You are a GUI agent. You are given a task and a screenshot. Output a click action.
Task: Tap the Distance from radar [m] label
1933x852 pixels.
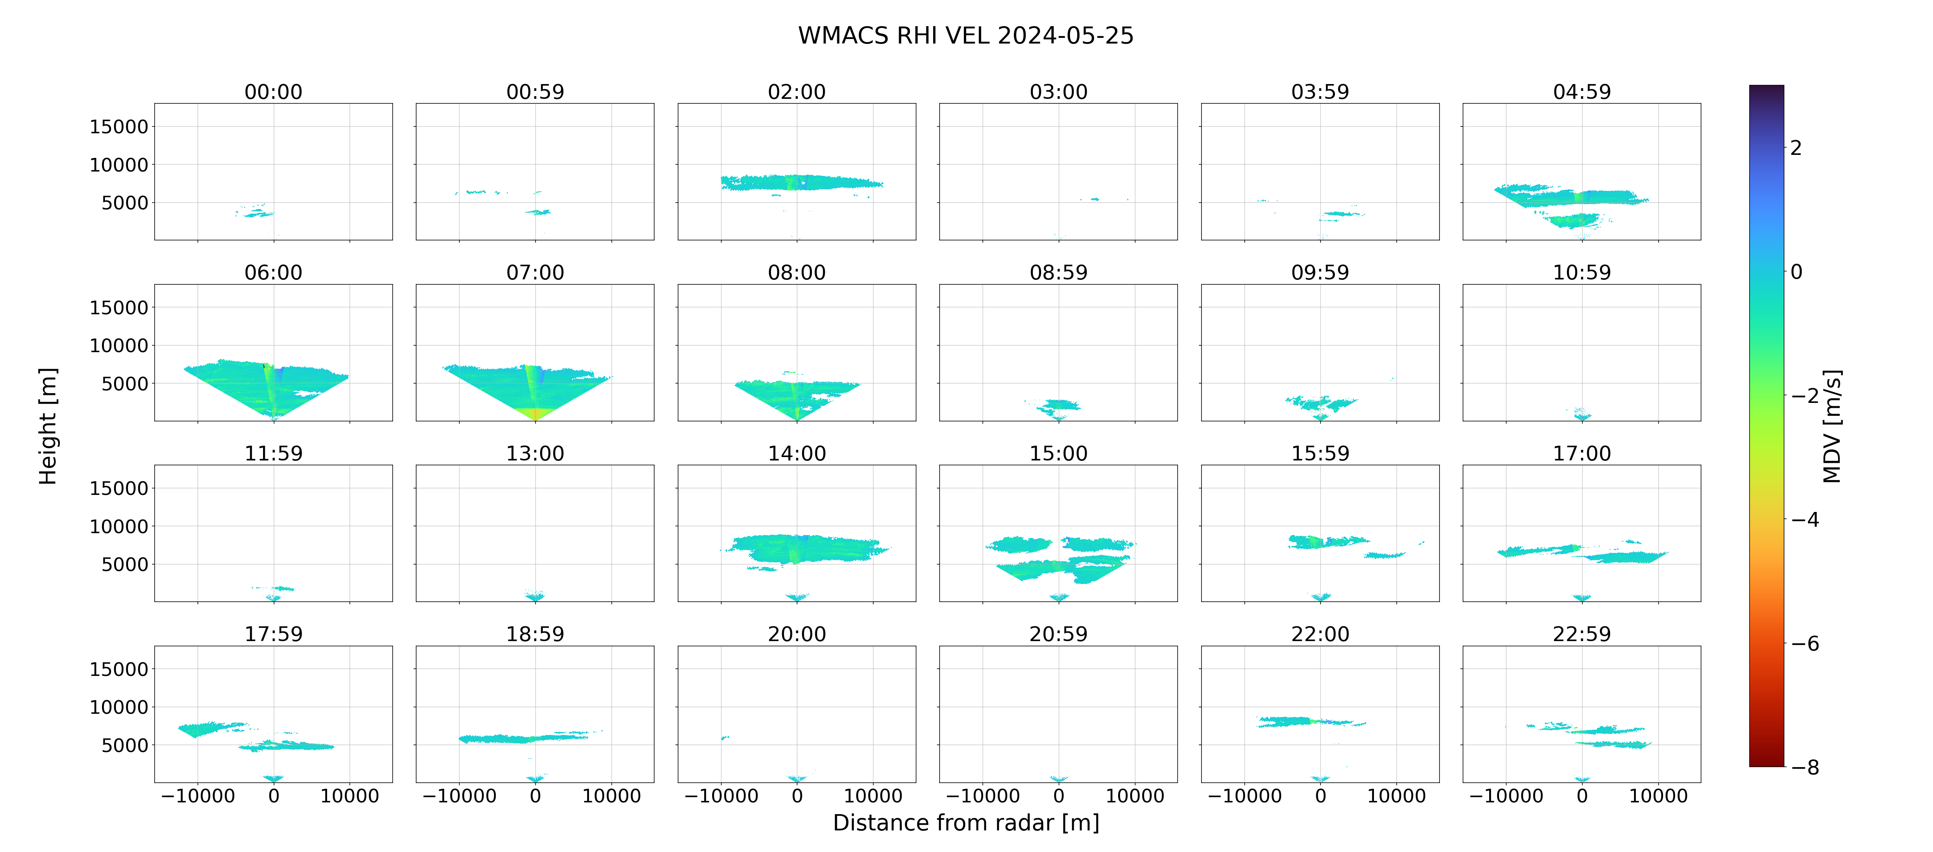coord(966,823)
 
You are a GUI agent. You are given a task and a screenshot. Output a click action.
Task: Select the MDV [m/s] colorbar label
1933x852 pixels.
coord(1832,426)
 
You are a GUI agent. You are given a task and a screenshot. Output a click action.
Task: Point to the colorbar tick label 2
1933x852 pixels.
coord(1796,148)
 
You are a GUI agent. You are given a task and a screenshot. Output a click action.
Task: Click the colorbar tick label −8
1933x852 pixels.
coord(1805,767)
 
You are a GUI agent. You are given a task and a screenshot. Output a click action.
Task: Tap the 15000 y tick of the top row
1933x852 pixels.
coord(119,127)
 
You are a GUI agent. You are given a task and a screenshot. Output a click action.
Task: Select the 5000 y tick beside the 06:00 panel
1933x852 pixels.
coord(125,384)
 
